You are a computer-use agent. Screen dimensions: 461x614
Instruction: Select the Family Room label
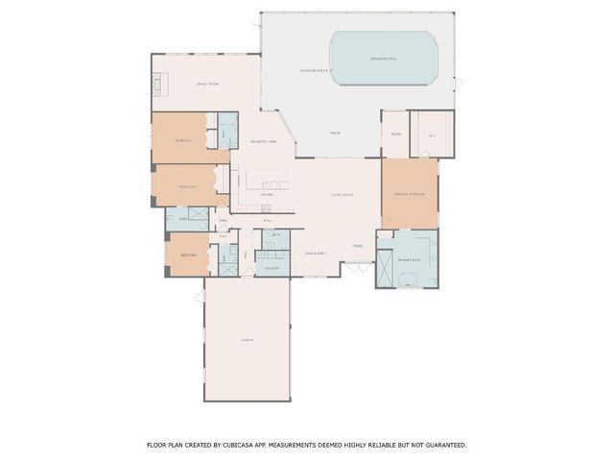click(x=208, y=85)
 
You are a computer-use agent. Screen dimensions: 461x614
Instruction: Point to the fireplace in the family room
click(x=159, y=85)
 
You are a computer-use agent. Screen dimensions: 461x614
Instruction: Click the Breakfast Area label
click(x=264, y=141)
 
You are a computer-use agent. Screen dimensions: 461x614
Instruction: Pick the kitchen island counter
click(x=267, y=181)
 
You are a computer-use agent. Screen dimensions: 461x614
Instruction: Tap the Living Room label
click(x=342, y=195)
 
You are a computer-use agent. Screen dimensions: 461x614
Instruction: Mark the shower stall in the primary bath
click(x=385, y=270)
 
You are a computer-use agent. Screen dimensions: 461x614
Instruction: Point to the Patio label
click(x=336, y=133)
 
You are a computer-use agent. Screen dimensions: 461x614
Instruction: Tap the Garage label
click(x=246, y=341)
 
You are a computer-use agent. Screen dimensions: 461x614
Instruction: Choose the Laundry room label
click(x=272, y=268)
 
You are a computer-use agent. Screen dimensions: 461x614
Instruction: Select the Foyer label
click(x=356, y=246)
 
